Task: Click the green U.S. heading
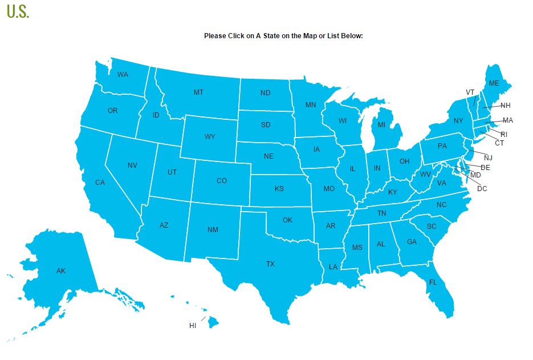click(x=18, y=11)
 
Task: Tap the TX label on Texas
click(x=270, y=264)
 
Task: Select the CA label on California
click(x=100, y=183)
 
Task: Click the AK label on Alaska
click(x=61, y=270)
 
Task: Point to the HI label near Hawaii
click(x=193, y=326)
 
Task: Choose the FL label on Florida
click(x=433, y=282)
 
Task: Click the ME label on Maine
click(x=494, y=83)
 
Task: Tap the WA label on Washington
click(x=123, y=75)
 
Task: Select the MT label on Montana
click(x=198, y=92)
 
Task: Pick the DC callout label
click(x=482, y=188)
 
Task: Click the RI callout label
click(x=504, y=135)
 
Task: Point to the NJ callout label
click(x=488, y=157)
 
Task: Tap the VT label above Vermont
click(x=470, y=92)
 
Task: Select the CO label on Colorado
click(x=222, y=181)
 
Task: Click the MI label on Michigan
click(x=382, y=125)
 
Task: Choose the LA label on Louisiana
click(x=333, y=267)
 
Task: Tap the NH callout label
click(x=506, y=106)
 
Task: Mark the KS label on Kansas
click(x=279, y=189)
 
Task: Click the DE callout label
click(x=485, y=167)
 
